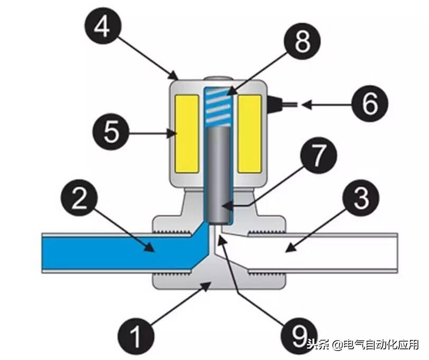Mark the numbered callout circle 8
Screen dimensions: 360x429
pyautogui.click(x=302, y=43)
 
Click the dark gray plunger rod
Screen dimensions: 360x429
pyautogui.click(x=218, y=174)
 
